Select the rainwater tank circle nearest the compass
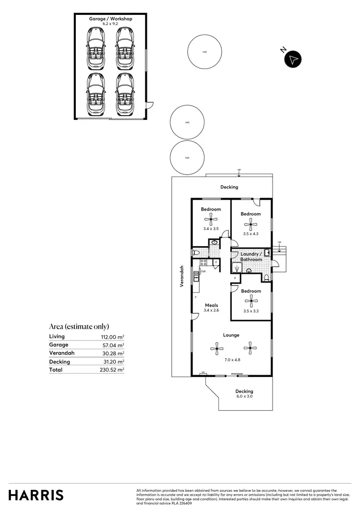coord(204,52)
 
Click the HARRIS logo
coord(36,495)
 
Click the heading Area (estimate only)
coord(79,327)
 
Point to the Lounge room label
coord(231,335)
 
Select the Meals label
coord(212,305)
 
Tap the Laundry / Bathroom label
coord(252,257)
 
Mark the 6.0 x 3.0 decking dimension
coord(244,396)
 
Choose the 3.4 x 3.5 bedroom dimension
coord(211,229)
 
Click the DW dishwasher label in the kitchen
coord(203,272)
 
